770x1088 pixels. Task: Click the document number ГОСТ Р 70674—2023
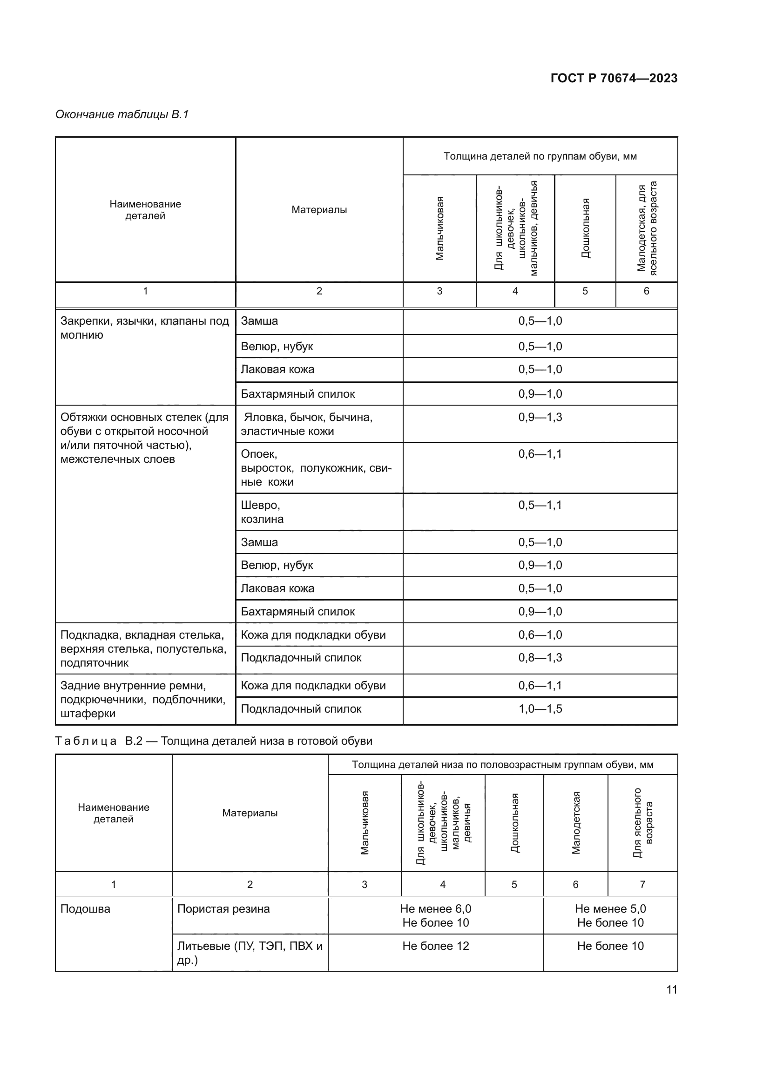click(x=614, y=78)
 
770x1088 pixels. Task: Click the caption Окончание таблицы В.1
click(x=122, y=114)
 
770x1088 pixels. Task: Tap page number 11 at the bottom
click(x=671, y=989)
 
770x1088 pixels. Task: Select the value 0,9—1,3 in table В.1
click(x=540, y=417)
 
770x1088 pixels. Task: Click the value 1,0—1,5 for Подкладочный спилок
click(x=540, y=709)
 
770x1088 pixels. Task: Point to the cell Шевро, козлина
click(x=262, y=512)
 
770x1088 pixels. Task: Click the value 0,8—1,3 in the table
click(x=540, y=658)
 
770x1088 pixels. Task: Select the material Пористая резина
click(x=223, y=909)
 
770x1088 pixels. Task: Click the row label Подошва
click(x=85, y=909)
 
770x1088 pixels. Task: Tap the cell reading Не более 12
click(x=435, y=946)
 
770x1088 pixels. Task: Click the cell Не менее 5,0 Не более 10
click(x=610, y=915)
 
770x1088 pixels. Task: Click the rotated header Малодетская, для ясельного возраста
click(x=647, y=227)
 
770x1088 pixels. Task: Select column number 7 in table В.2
click(x=642, y=884)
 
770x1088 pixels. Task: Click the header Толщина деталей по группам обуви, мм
click(x=540, y=156)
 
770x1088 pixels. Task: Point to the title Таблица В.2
click(x=213, y=741)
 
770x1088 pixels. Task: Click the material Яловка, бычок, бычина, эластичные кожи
click(x=306, y=424)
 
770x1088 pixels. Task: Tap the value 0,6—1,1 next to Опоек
click(x=540, y=454)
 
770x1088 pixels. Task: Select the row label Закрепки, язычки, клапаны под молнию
click(x=145, y=328)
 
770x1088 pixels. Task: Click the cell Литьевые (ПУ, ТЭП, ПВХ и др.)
click(x=250, y=953)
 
